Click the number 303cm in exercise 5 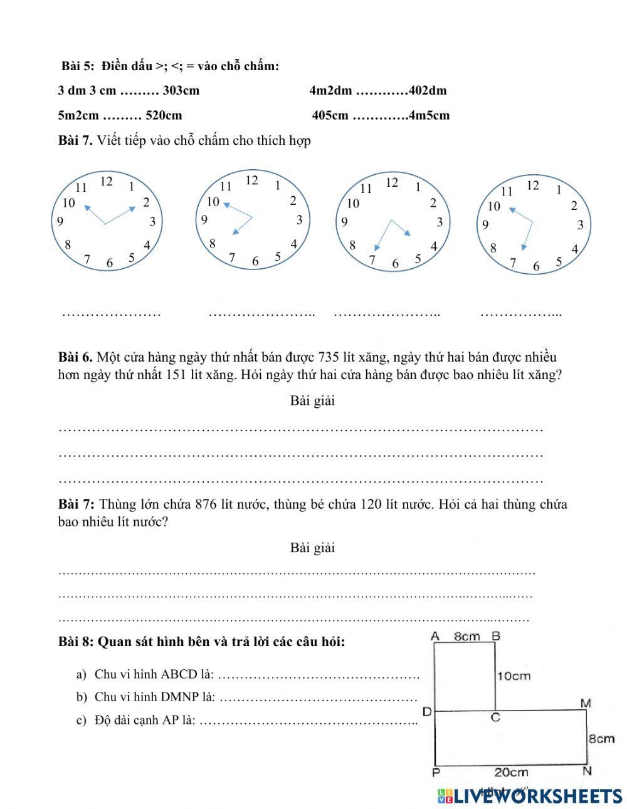181,90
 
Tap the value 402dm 428,90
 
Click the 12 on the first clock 106,182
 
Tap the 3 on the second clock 300,219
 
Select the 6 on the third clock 395,264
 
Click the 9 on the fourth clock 485,225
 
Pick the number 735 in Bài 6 329,358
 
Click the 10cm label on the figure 514,676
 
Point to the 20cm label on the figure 510,773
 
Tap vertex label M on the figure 586,704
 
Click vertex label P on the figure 436,772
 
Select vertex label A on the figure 435,637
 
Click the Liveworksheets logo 530,795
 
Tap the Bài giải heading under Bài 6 312,401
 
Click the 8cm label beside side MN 601,739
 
